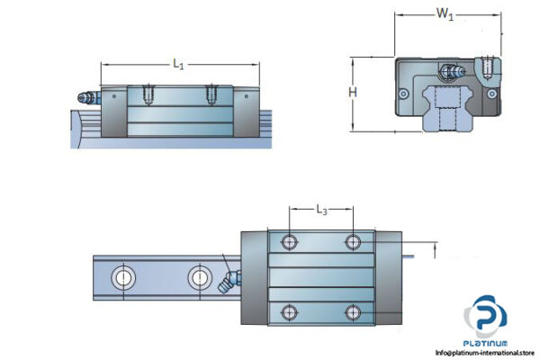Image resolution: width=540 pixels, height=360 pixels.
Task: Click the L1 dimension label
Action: [178, 64]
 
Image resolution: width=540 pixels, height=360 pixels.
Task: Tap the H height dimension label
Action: [354, 93]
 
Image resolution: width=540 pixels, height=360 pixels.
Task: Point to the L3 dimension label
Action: [321, 211]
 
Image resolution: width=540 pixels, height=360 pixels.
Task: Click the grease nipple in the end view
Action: [448, 70]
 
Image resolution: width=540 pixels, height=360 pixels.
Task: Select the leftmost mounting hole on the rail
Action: [121, 277]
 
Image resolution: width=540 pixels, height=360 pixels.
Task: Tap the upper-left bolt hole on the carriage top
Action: [290, 242]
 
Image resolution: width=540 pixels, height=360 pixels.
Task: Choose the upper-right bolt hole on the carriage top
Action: [353, 242]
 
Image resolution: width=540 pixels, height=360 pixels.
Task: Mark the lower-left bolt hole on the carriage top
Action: [290, 312]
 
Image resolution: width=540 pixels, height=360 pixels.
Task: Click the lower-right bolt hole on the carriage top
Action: [353, 312]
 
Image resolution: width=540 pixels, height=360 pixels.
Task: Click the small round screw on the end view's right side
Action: [491, 92]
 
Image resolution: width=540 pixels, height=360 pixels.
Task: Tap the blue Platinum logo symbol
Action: [486, 319]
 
